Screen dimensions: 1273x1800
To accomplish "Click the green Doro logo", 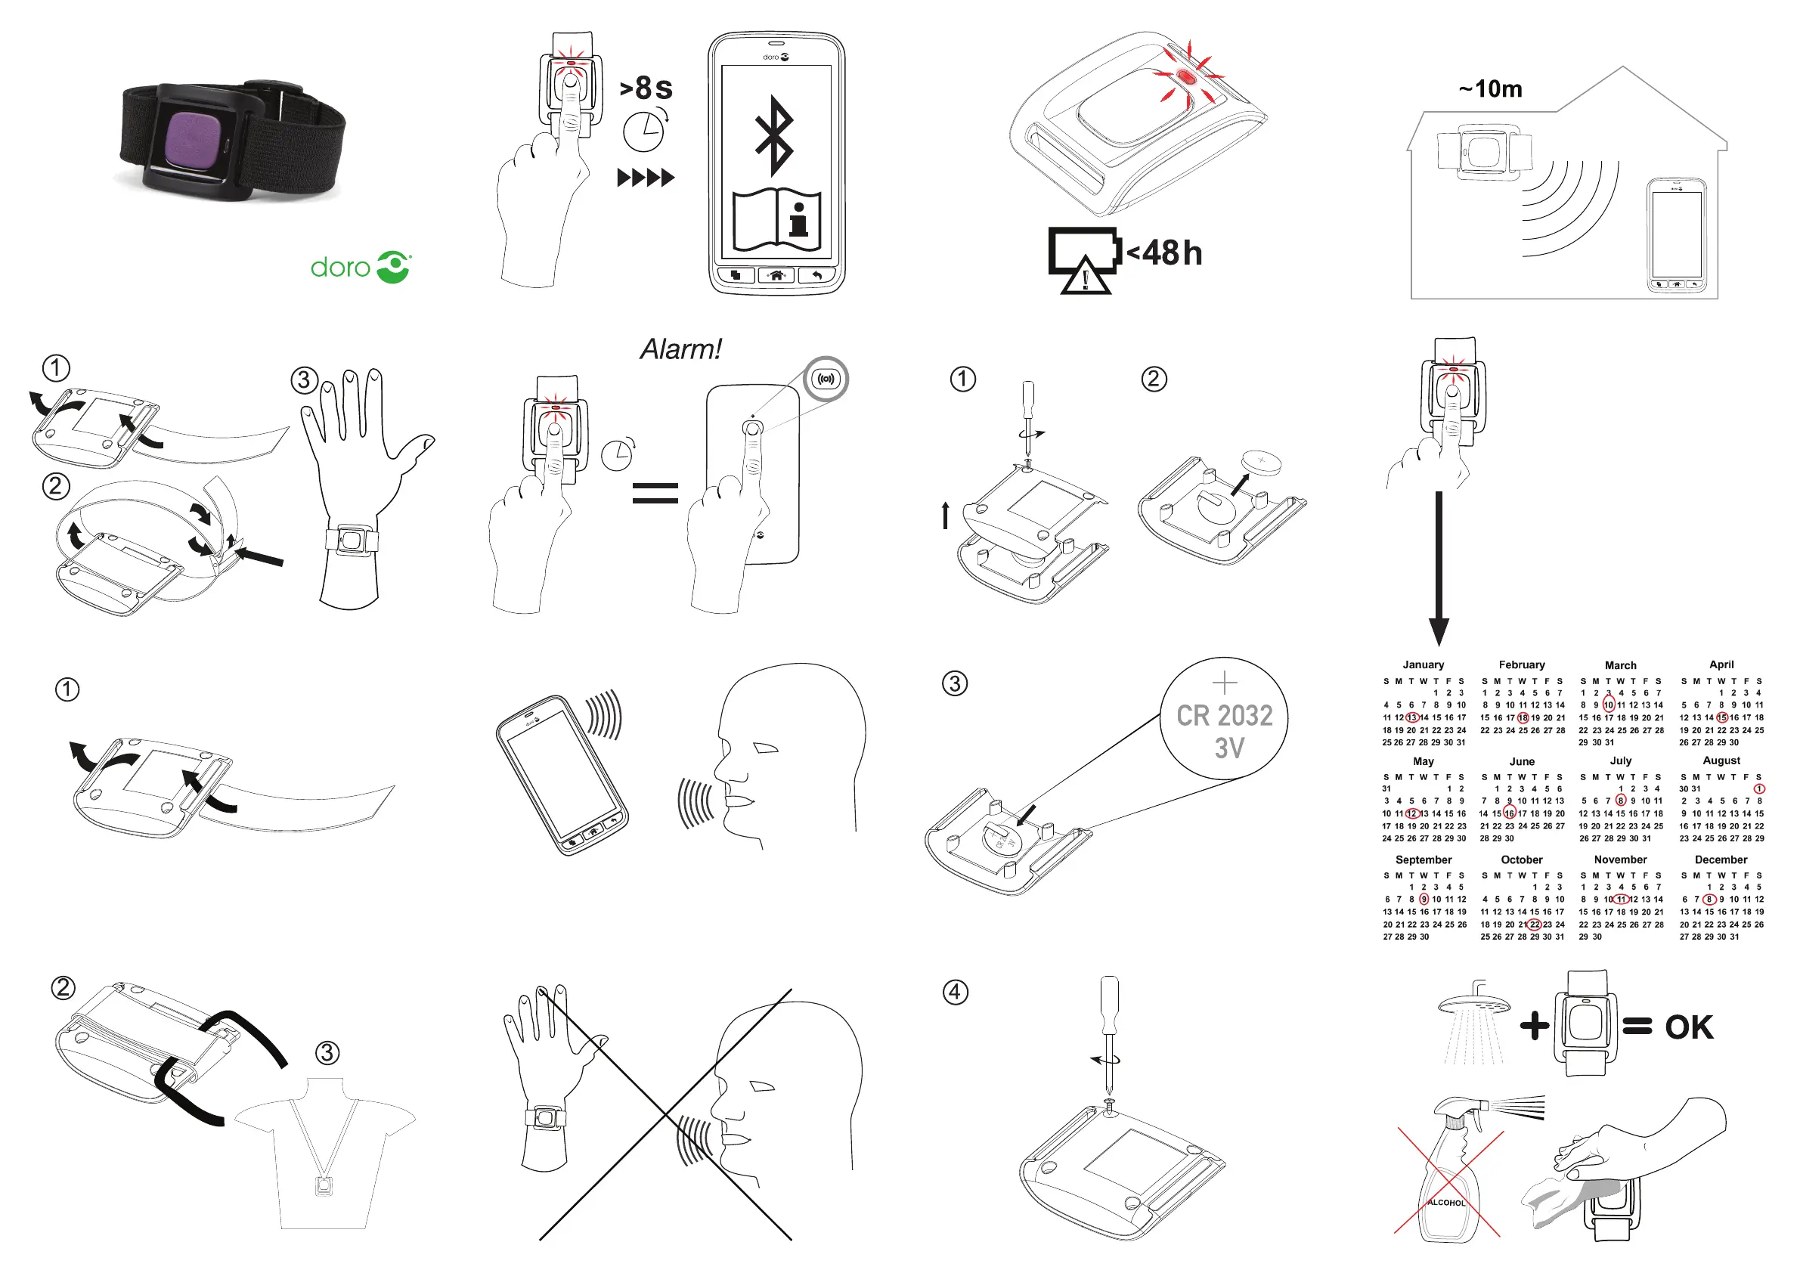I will [x=361, y=268].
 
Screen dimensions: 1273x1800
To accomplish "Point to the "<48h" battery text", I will [x=1164, y=253].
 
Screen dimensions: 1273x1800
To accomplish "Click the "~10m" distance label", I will [x=1490, y=89].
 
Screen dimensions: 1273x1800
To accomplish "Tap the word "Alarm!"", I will [x=680, y=349].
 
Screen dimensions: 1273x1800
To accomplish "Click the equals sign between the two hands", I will [x=655, y=493].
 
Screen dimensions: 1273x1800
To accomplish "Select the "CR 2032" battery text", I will [x=1225, y=716].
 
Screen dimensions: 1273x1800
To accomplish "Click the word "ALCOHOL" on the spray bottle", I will [x=1445, y=1203].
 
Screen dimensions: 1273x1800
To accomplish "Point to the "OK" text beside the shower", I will [x=1689, y=1027].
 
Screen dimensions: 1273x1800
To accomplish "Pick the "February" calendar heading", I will [x=1522, y=664].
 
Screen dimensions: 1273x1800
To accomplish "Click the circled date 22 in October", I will [x=1534, y=925].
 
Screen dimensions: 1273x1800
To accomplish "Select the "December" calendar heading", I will [x=1721, y=860].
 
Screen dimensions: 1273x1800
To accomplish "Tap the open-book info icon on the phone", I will [x=776, y=218].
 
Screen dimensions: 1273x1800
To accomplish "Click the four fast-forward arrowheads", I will [x=645, y=178].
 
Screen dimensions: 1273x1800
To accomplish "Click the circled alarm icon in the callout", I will [x=826, y=379].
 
